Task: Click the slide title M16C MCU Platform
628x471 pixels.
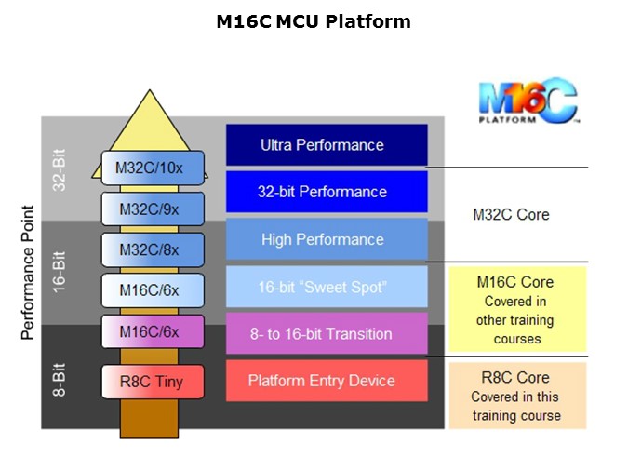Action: (313, 21)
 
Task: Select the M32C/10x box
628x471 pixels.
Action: (152, 168)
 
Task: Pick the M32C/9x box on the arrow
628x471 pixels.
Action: (152, 209)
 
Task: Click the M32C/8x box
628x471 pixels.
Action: (152, 249)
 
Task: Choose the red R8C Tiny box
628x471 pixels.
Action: (152, 381)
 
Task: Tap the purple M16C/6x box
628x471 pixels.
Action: (152, 330)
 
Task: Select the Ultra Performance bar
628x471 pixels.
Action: (327, 145)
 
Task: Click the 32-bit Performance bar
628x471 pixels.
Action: (327, 192)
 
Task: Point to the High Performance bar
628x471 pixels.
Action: (327, 239)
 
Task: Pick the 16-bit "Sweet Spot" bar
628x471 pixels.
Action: (327, 287)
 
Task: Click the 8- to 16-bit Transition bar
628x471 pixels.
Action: (327, 333)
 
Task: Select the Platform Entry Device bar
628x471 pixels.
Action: (327, 381)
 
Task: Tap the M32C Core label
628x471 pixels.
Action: (511, 215)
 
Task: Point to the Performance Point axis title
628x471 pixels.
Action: (28, 273)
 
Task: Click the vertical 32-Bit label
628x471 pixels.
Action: (60, 168)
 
